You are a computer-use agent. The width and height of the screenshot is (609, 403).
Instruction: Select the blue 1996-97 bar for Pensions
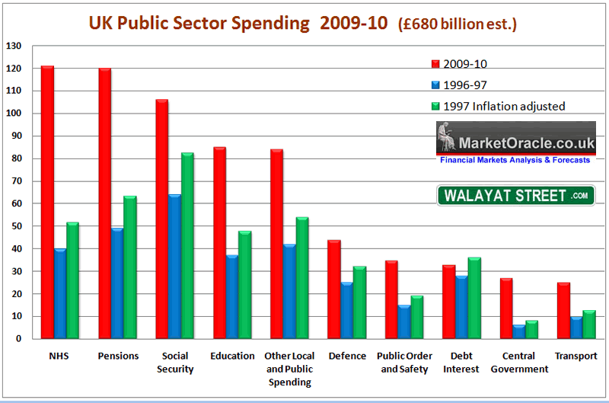[x=117, y=283]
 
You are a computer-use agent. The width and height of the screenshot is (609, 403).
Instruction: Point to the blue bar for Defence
[x=346, y=310]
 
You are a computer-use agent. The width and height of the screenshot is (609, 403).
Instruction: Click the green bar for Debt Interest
[x=473, y=298]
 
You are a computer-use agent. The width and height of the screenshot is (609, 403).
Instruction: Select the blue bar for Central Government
[x=518, y=331]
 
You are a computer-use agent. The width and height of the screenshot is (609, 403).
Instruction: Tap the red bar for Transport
[x=563, y=310]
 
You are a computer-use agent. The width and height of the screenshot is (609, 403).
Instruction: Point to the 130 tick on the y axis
[x=14, y=46]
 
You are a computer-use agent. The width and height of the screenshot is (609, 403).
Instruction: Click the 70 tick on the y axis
[x=15, y=181]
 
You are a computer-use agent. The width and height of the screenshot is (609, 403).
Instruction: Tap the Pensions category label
[x=118, y=356]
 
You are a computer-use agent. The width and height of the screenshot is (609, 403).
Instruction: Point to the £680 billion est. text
[x=458, y=24]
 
